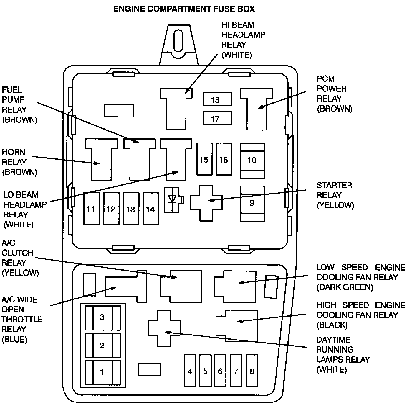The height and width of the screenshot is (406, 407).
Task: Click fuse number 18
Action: (x=217, y=99)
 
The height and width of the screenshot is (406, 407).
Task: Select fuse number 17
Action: (x=217, y=119)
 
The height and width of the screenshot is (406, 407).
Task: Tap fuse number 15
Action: (x=204, y=159)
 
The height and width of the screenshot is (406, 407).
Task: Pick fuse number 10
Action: (x=252, y=160)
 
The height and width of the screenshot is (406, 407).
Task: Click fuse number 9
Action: (x=252, y=203)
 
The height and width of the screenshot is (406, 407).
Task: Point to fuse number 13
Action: (x=131, y=209)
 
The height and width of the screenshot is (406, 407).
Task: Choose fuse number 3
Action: (x=102, y=317)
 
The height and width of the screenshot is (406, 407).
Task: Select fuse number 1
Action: (x=102, y=372)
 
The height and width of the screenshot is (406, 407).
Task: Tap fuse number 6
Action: (x=220, y=371)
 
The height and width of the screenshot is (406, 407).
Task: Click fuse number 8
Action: (x=252, y=371)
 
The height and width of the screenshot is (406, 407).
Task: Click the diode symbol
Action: (x=173, y=199)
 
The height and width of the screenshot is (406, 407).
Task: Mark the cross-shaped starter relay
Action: (x=206, y=203)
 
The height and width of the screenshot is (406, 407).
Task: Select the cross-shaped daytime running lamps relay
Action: (x=164, y=328)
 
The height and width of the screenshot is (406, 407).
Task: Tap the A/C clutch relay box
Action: (x=181, y=286)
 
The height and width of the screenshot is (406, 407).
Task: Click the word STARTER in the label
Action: (x=334, y=185)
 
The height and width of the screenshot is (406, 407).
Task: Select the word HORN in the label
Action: (x=14, y=152)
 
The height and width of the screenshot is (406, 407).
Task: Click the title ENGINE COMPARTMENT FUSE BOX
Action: (x=184, y=9)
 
